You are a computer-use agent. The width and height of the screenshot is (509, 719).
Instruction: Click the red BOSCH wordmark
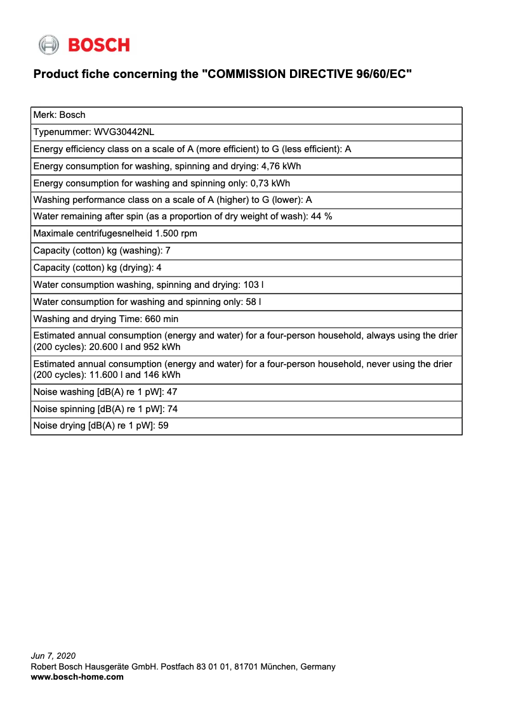(98, 45)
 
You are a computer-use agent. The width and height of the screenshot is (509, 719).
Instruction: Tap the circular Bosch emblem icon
(48, 45)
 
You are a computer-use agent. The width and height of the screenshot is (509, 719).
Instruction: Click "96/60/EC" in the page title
(381, 74)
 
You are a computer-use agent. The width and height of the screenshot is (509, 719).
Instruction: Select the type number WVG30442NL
(124, 132)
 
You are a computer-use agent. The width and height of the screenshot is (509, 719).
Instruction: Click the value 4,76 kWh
(281, 166)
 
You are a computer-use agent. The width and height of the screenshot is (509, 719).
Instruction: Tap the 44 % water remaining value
(321, 216)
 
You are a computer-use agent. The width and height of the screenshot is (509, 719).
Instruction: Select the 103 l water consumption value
(253, 285)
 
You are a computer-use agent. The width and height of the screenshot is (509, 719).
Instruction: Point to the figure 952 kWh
(162, 347)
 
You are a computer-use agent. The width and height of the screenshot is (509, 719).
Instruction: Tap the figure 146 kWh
(162, 375)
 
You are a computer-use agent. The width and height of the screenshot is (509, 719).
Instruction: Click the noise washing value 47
(172, 392)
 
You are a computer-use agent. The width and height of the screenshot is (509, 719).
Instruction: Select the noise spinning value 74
(172, 409)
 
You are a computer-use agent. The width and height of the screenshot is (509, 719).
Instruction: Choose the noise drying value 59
(163, 426)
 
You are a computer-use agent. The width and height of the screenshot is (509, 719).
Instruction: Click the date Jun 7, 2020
(53, 656)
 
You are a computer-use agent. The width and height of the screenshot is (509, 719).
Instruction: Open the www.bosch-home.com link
(77, 677)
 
